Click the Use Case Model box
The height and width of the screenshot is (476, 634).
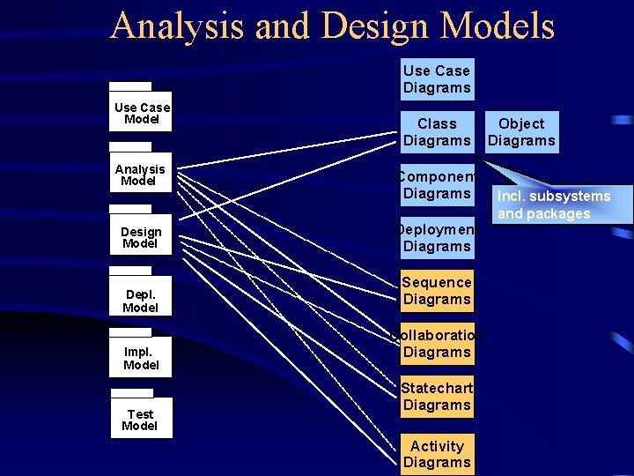[141, 114]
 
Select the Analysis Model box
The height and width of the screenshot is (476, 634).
[141, 175]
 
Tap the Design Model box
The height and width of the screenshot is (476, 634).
[141, 236]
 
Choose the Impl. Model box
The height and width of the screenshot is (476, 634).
[141, 357]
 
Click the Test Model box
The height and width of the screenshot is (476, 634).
[141, 419]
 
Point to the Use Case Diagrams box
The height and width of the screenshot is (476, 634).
[437, 79]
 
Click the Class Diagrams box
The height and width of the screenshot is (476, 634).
[437, 132]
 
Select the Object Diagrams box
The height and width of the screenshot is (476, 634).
[521, 132]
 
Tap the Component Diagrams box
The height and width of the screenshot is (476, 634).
[437, 185]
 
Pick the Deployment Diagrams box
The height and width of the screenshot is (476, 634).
[437, 238]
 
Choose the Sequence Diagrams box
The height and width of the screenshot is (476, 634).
[437, 291]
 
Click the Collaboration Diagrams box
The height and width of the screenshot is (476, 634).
[437, 344]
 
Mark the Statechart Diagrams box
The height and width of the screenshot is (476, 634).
[437, 397]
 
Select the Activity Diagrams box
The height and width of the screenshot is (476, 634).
[437, 454]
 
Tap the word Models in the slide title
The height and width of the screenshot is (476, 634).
[498, 26]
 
